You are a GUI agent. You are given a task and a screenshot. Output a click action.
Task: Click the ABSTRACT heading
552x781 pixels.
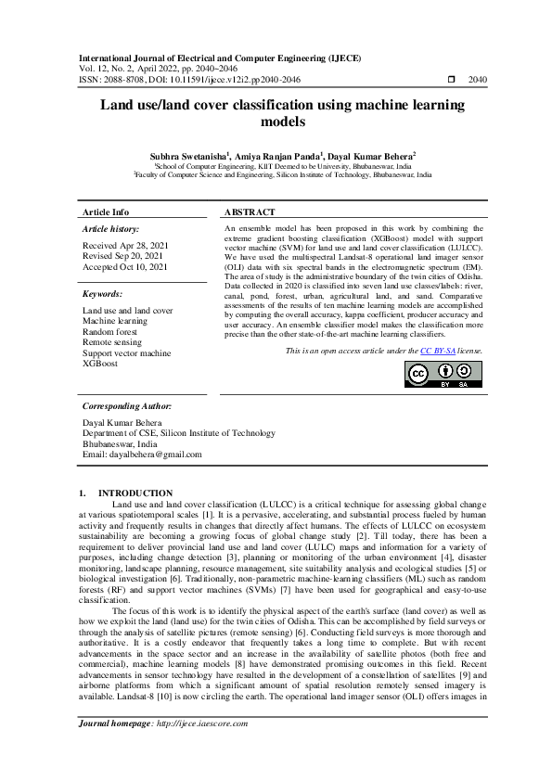click(x=250, y=212)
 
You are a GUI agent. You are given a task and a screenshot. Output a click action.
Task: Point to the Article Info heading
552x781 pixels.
click(x=106, y=212)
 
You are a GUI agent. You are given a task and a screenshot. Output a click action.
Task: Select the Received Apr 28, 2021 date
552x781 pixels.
click(x=125, y=246)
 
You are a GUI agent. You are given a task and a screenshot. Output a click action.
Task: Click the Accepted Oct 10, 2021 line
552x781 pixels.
click(x=125, y=267)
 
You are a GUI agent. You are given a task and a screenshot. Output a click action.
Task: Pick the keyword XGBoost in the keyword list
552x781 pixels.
click(x=100, y=365)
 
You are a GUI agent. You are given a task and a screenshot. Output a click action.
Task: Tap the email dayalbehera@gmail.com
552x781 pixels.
click(x=142, y=455)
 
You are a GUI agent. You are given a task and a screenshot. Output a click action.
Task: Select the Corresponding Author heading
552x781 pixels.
click(x=126, y=406)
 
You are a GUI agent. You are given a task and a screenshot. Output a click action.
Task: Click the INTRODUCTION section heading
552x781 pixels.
click(x=135, y=493)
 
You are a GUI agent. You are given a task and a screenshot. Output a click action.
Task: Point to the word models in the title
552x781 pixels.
click(x=276, y=122)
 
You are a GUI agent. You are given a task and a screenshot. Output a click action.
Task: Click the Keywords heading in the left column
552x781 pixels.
click(x=103, y=294)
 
